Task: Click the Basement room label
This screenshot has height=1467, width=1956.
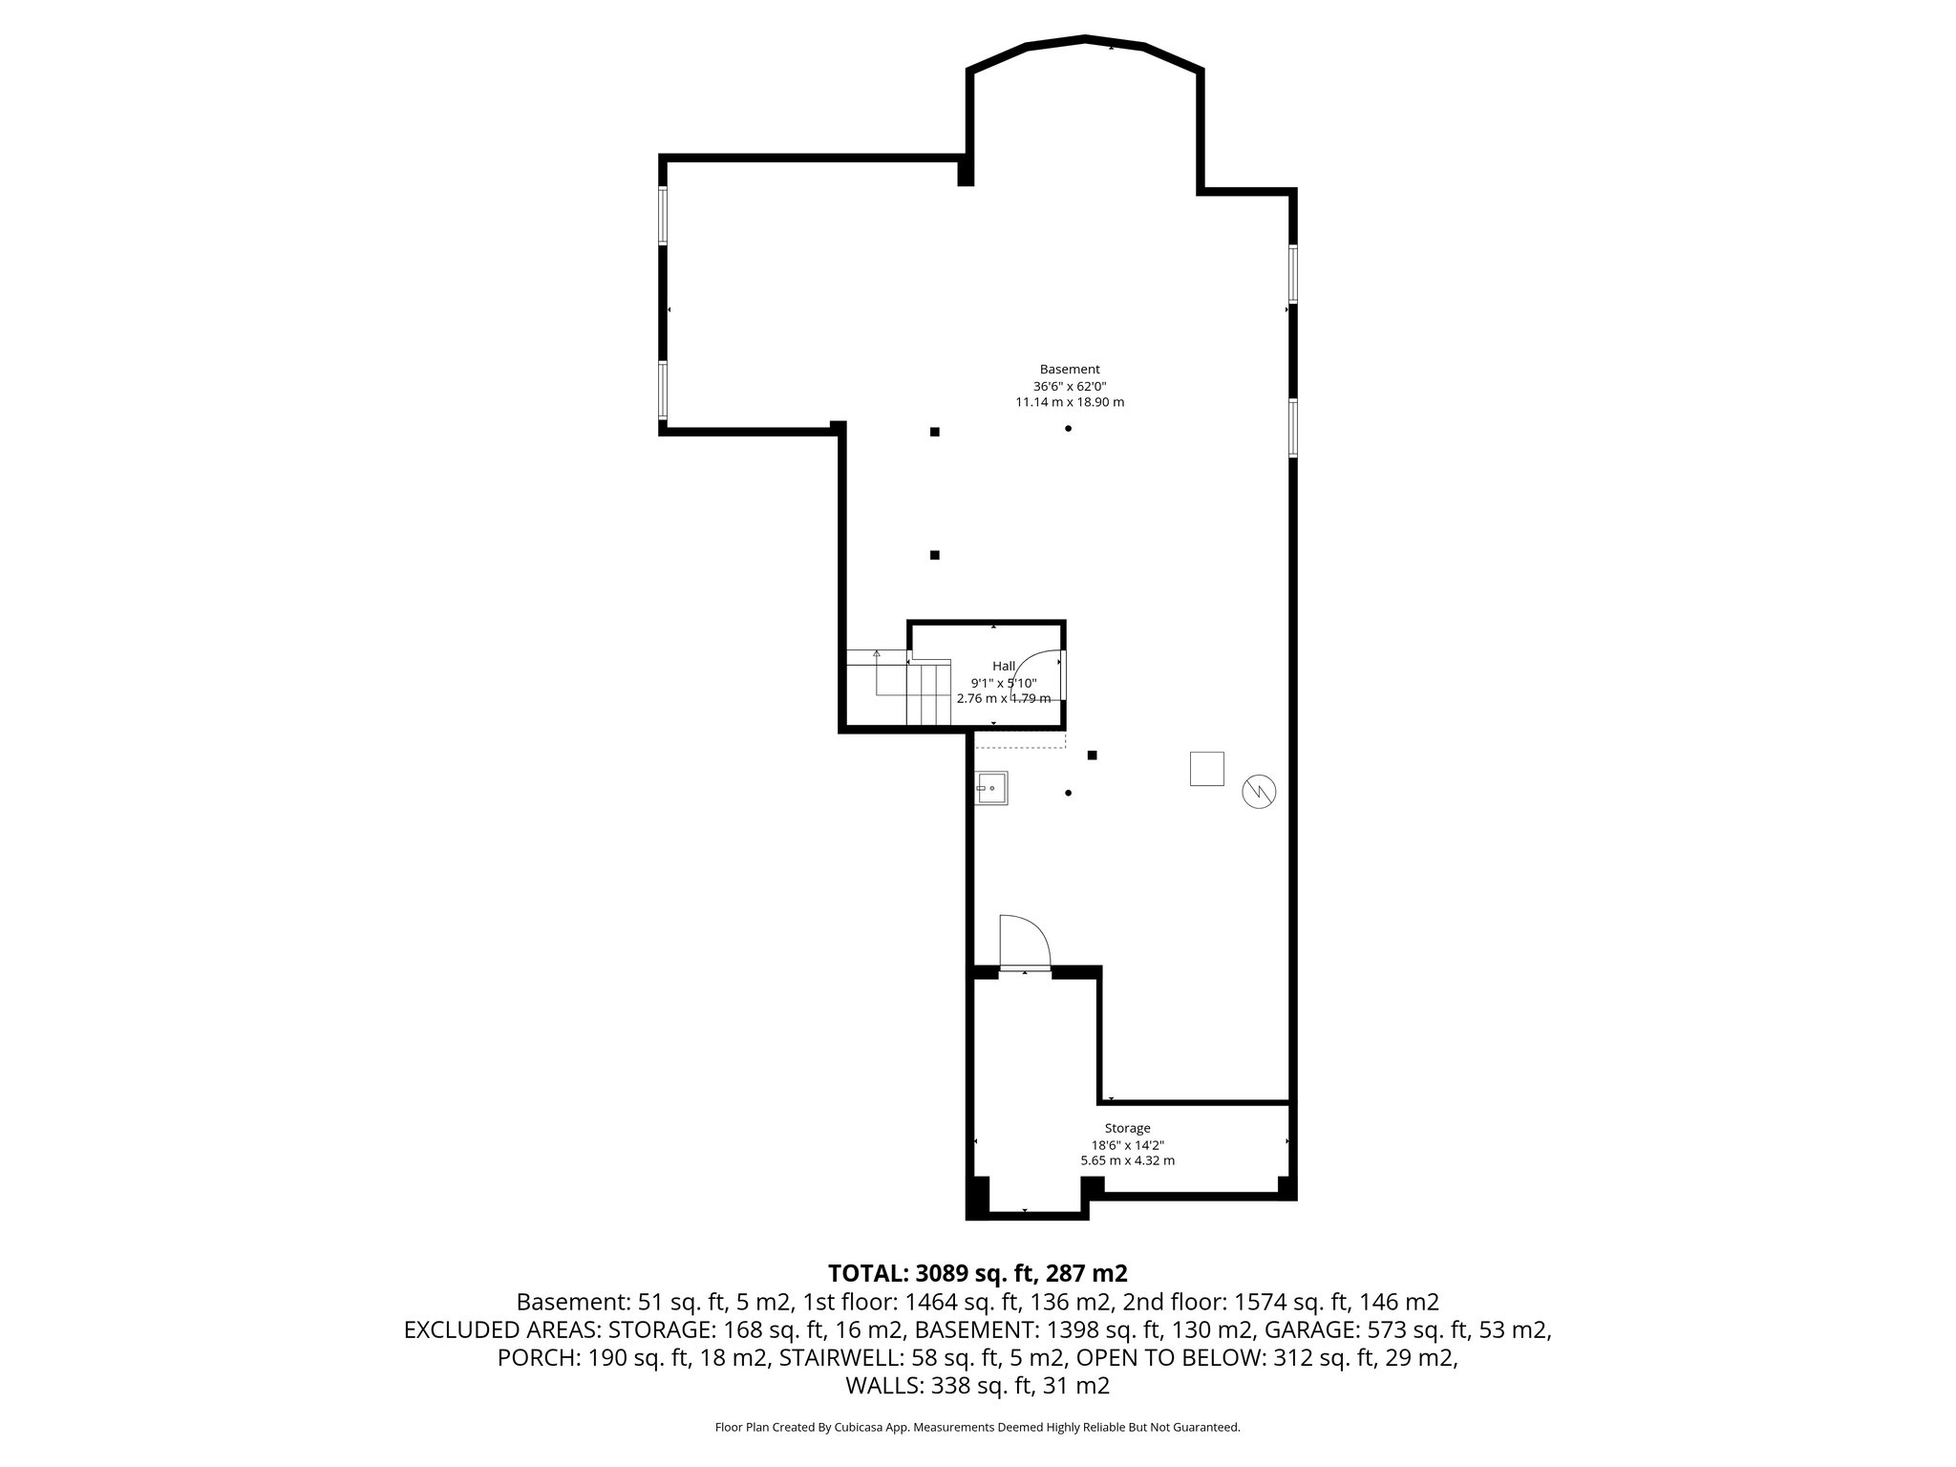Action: [x=1070, y=370]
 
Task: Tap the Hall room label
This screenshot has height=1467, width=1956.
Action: [x=1004, y=666]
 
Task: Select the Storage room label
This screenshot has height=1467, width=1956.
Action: [x=1127, y=1128]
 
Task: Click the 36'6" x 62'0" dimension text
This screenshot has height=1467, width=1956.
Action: [x=1070, y=387]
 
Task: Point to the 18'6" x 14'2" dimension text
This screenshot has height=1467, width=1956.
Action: [x=1127, y=1145]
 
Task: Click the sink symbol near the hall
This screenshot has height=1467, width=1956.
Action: [x=990, y=788]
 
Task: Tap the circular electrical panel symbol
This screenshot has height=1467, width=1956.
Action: [x=1258, y=791]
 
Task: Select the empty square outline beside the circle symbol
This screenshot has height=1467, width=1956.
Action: [x=1206, y=769]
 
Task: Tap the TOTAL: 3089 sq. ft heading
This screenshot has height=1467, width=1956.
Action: [x=977, y=1273]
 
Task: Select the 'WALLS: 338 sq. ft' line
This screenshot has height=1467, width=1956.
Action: [x=977, y=1386]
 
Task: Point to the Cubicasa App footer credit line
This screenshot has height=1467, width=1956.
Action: [x=977, y=1427]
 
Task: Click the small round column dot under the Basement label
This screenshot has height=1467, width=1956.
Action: [x=1068, y=429]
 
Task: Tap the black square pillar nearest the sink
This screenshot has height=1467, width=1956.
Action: [x=1093, y=755]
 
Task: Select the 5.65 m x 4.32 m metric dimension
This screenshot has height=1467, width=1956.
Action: [x=1127, y=1161]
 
